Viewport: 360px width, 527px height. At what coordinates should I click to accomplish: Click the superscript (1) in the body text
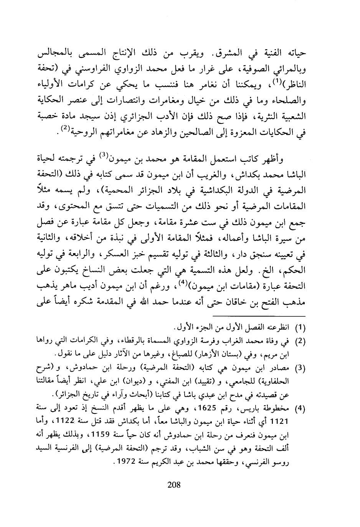[x=292, y=79]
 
